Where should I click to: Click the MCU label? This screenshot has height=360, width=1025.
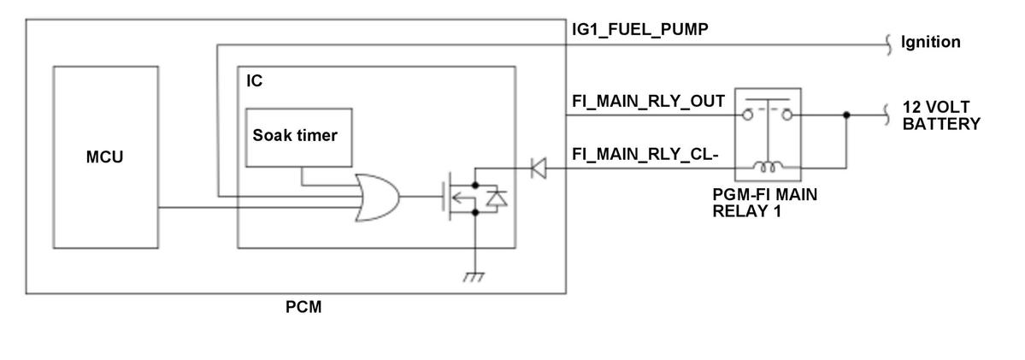pos(104,157)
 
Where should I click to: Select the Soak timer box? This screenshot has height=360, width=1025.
pos(298,137)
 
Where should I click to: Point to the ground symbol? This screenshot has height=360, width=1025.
pos(474,275)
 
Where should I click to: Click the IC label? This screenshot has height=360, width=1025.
pos(254,81)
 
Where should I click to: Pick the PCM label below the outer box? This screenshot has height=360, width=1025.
pos(303,306)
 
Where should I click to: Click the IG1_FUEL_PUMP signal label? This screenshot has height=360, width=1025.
pos(639,29)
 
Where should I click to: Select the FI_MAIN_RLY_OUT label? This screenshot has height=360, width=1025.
pos(648,101)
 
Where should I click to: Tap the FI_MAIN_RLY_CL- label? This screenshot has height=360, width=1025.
pos(645,155)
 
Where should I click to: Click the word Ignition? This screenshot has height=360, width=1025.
pos(931,42)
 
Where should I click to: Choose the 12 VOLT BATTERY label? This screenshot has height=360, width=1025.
pos(941,115)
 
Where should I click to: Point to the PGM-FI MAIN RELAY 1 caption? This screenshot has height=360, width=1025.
pos(765,203)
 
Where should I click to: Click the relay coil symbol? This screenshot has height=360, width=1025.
pos(768,168)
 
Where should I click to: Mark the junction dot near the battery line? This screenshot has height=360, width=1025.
pos(846,115)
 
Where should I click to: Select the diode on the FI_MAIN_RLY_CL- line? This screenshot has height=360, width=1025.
pos(538,168)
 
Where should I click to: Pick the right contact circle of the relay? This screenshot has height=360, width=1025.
pos(787,115)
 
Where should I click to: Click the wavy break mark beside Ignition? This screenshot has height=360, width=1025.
pos(888,44)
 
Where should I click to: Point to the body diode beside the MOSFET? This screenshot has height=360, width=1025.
pos(498,198)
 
